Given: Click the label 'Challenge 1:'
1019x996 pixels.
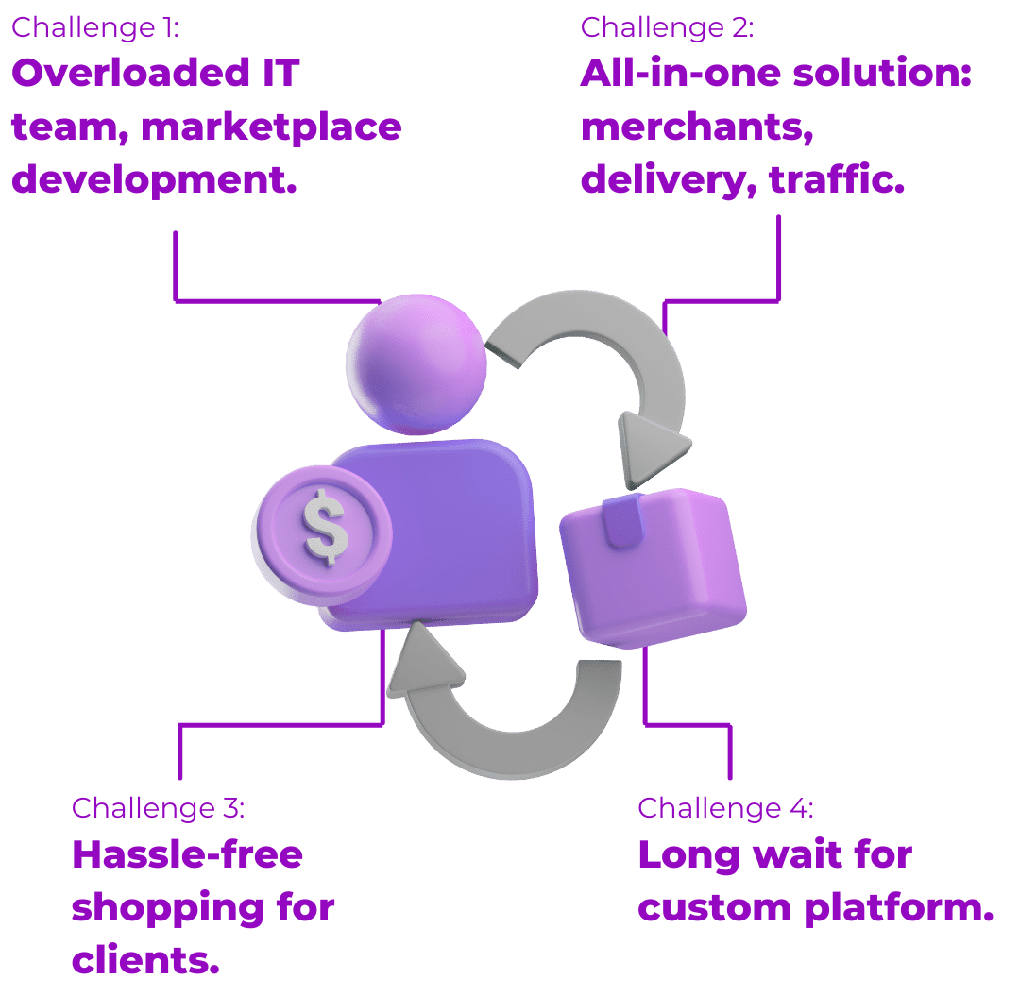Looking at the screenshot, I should tap(94, 26).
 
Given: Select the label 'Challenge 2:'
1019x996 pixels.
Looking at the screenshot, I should tap(667, 26).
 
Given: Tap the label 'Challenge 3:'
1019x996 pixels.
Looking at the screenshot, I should tap(159, 808).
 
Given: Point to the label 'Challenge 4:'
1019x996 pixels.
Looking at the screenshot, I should tap(725, 808).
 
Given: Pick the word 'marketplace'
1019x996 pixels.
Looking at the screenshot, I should tap(272, 127).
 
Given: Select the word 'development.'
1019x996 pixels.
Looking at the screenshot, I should tap(154, 179).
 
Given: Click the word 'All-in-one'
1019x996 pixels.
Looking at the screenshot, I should tap(681, 74).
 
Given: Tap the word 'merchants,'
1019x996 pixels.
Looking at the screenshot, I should tap(697, 127).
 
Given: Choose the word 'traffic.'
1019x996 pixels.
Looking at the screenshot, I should tap(837, 179).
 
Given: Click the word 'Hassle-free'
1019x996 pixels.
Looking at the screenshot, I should tap(187, 855).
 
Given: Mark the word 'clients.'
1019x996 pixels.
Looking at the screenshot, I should tap(145, 961).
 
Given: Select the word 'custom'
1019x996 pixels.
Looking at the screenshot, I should tap(714, 908).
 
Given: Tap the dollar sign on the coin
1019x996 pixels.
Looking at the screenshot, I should tap(326, 530).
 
